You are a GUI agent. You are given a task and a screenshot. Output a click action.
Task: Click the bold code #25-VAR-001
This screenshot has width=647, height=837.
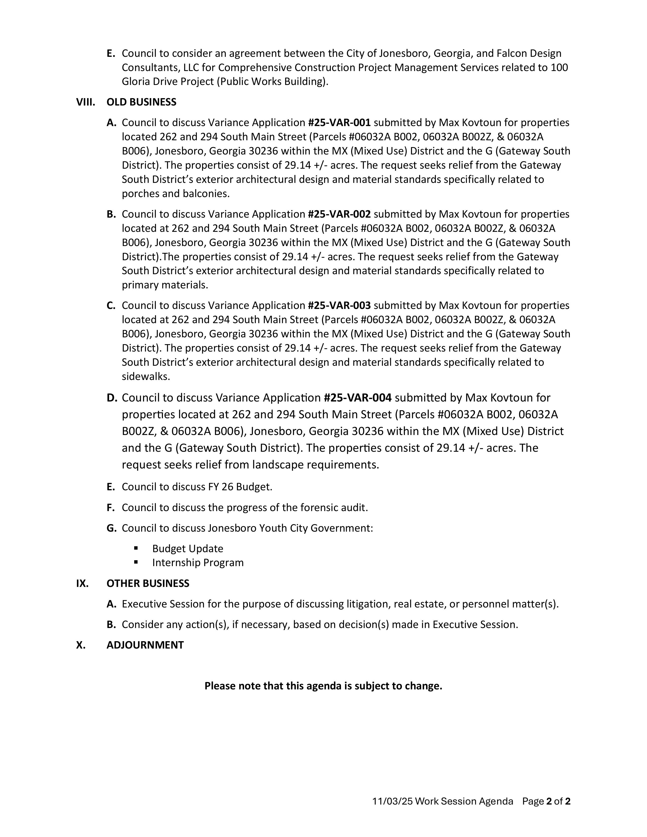339,123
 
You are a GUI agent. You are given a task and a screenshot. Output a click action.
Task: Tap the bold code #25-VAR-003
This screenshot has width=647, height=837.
339,305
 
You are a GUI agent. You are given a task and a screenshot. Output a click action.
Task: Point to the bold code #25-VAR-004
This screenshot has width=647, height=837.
357,398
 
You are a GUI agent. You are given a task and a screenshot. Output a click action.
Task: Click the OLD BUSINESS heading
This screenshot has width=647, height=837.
141,102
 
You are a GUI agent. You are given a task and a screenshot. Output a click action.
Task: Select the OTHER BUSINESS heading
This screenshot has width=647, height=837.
148,583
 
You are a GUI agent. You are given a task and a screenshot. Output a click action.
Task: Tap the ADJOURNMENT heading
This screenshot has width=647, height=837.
145,645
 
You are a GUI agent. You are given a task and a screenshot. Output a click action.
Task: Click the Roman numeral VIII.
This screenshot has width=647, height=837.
86,102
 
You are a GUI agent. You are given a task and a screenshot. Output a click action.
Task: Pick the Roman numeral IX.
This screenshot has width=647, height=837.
82,583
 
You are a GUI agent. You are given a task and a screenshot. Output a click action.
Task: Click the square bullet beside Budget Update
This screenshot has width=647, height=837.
136,548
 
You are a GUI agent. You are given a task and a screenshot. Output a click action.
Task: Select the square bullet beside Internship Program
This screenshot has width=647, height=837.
136,562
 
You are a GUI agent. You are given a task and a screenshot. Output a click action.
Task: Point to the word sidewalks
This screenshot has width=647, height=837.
146,377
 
